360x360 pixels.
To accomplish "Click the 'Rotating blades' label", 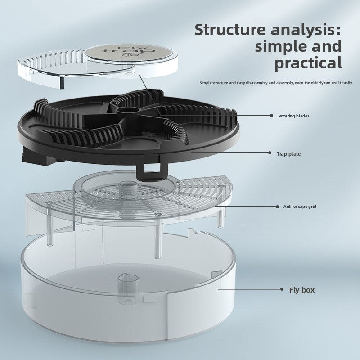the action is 294,116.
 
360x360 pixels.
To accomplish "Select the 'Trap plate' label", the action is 288,154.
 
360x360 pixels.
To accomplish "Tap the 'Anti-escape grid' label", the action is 300,207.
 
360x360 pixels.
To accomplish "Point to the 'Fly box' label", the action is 301,290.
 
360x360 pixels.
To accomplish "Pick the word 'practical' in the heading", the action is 308,63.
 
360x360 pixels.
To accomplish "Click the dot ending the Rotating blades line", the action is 272,116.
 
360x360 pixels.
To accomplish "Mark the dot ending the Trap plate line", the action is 270,153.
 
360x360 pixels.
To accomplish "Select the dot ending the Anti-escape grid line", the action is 277,207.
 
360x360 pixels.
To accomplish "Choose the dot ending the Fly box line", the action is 282,289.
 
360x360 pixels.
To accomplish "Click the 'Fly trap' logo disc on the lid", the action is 128,53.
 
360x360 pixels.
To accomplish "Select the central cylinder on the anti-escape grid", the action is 128,190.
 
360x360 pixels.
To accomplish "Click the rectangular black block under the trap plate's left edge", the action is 34,157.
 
